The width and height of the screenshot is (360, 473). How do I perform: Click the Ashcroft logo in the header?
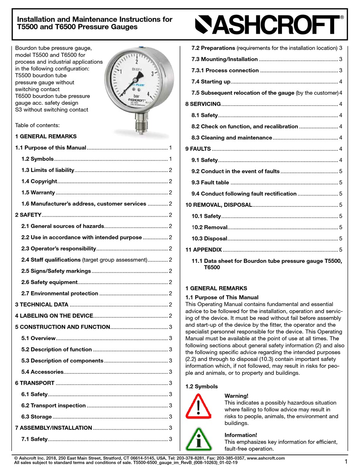pos(269,25)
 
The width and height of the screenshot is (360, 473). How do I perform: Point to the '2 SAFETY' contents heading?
pos(28,215)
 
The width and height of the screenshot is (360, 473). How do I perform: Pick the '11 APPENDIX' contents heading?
pos(203,250)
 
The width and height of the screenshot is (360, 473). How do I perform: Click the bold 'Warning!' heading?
pos(236,396)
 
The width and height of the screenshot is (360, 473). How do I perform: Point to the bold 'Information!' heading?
pos(241,435)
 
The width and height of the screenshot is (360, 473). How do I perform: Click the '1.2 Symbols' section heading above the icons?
pos(202,387)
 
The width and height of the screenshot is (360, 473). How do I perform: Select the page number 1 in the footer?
pos(346,461)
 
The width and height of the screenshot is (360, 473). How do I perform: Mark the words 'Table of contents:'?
pos(37,125)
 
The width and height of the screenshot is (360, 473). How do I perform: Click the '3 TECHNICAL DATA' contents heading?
pos(42,304)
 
